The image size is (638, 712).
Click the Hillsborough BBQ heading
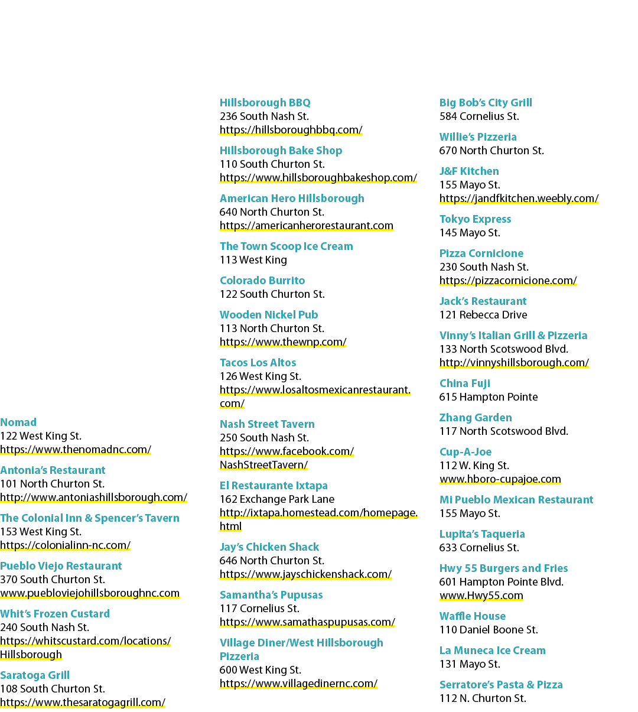(x=265, y=103)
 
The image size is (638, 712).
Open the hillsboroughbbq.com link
(x=291, y=130)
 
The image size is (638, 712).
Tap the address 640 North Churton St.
(x=272, y=212)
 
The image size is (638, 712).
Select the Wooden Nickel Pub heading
(x=269, y=314)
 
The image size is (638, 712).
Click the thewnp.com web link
(x=283, y=342)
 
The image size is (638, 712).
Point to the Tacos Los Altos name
(x=258, y=362)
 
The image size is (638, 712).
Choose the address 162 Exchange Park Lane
(x=277, y=499)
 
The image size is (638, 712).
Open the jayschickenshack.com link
(x=305, y=574)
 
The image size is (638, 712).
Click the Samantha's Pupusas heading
(x=271, y=594)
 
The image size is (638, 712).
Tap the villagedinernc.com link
(x=299, y=683)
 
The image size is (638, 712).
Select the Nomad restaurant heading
(x=18, y=422)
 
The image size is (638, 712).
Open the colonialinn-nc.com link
(x=66, y=545)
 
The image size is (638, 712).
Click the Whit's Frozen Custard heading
(x=55, y=613)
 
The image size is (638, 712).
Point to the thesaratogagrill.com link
(x=83, y=702)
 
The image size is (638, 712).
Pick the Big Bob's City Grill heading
(x=486, y=103)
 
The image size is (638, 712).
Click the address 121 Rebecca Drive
(x=483, y=314)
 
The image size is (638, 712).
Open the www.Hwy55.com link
(x=481, y=596)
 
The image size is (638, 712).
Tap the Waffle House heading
(x=473, y=616)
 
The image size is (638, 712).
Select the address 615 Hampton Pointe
(x=489, y=396)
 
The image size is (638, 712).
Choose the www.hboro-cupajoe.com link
(x=500, y=479)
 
